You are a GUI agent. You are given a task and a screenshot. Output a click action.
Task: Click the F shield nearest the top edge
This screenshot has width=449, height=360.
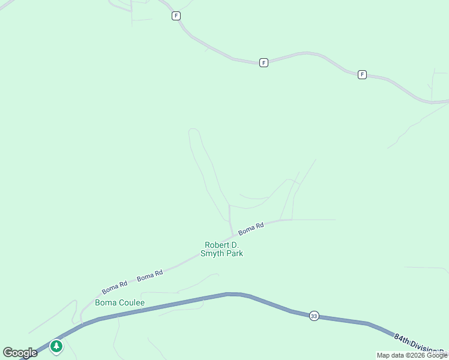pyautogui.click(x=176, y=16)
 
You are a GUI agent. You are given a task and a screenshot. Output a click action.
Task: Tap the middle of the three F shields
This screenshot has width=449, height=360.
pyautogui.click(x=264, y=62)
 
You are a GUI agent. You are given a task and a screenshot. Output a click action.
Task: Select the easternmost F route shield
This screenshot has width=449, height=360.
pyautogui.click(x=362, y=74)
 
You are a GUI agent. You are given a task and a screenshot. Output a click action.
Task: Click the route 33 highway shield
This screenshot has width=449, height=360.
pyautogui.click(x=314, y=316)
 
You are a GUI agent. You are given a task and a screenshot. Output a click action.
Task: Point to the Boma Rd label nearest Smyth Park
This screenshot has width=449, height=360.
pyautogui.click(x=251, y=229)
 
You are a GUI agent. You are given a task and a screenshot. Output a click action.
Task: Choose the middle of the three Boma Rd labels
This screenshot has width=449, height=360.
pyautogui.click(x=150, y=276)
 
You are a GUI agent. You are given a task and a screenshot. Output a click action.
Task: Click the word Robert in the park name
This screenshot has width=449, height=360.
pyautogui.click(x=218, y=245)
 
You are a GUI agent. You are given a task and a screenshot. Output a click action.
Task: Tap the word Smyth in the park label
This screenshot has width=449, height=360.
pyautogui.click(x=213, y=254)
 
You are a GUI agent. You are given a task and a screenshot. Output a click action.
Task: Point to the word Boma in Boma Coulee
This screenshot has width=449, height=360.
pyautogui.click(x=105, y=303)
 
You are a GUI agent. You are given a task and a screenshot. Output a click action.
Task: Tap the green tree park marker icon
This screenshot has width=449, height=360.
pyautogui.click(x=56, y=346)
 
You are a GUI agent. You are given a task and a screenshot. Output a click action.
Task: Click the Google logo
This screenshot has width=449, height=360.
pyautogui.click(x=20, y=353)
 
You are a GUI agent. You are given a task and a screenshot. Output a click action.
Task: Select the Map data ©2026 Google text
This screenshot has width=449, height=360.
pyautogui.click(x=412, y=355)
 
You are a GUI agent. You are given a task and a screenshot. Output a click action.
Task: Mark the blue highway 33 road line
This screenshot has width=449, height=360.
pyautogui.click(x=180, y=302)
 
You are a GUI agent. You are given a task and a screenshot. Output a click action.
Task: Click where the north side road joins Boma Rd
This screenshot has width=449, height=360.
pyautogui.click(x=233, y=235)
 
